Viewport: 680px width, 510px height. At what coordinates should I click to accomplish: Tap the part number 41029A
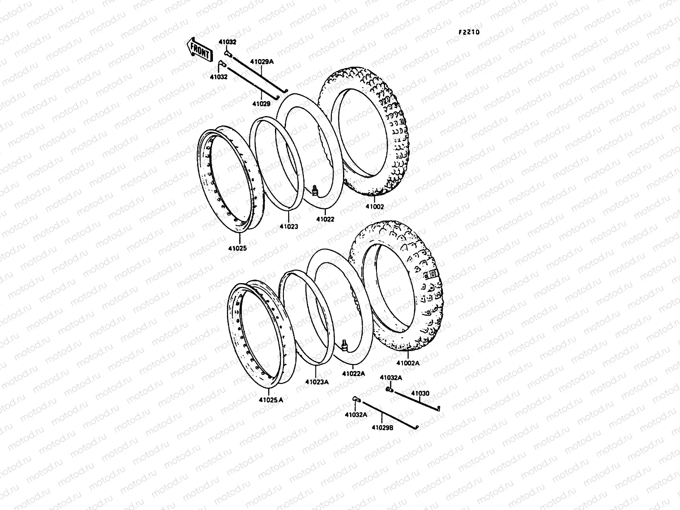coord(262,62)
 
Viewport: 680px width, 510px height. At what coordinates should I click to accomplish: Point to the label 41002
coord(374,207)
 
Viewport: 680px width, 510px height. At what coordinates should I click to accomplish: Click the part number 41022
coord(325,219)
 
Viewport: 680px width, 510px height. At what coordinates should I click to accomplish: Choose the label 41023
coord(289,227)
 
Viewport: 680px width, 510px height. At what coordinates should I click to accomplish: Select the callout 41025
coord(237,248)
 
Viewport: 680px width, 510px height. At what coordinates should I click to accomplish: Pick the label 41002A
coord(408,363)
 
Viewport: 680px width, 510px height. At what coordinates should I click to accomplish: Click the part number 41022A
coord(354,374)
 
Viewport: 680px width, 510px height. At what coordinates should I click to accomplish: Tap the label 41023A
coord(317,382)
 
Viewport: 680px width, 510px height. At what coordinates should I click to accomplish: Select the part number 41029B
coord(382,428)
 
